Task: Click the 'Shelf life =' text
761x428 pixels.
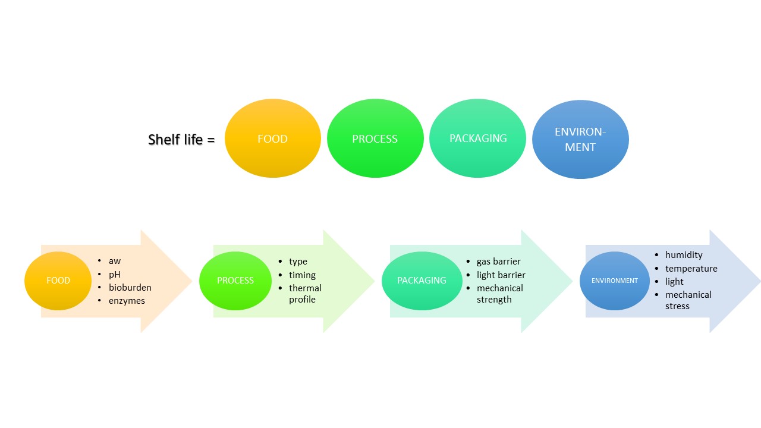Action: pyautogui.click(x=181, y=140)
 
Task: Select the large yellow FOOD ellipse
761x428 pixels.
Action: pyautogui.click(x=272, y=139)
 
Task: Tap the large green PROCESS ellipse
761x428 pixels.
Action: pyautogui.click(x=375, y=139)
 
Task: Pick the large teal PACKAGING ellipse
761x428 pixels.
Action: pyautogui.click(x=477, y=139)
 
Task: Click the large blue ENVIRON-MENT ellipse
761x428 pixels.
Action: pyautogui.click(x=580, y=139)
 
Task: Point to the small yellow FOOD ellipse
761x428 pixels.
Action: pyautogui.click(x=58, y=281)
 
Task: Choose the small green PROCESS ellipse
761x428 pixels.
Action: pyautogui.click(x=235, y=281)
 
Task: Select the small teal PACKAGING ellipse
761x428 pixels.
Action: pyautogui.click(x=422, y=281)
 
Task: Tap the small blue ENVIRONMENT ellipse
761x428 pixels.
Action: pyautogui.click(x=614, y=281)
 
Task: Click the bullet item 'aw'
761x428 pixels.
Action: pyautogui.click(x=114, y=261)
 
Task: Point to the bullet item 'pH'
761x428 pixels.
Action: pyautogui.click(x=114, y=275)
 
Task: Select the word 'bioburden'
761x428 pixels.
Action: pyautogui.click(x=130, y=288)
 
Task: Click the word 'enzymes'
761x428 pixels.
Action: pyautogui.click(x=127, y=301)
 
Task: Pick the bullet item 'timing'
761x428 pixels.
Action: pyautogui.click(x=302, y=275)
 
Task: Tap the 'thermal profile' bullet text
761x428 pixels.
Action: pyautogui.click(x=305, y=294)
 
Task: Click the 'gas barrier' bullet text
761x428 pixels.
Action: pyautogui.click(x=498, y=262)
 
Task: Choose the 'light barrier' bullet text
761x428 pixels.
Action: pyautogui.click(x=501, y=275)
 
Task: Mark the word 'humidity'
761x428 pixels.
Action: pyautogui.click(x=684, y=255)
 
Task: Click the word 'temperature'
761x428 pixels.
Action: pyautogui.click(x=691, y=269)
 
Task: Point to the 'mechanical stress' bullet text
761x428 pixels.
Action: pyautogui.click(x=688, y=300)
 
